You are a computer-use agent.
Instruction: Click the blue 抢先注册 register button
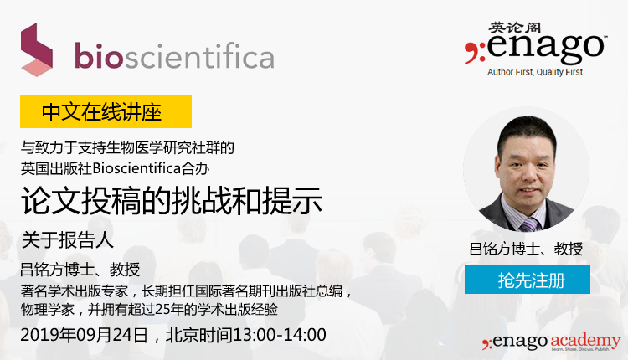pyautogui.click(x=527, y=280)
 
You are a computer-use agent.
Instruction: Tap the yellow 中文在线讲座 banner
pyautogui.click(x=106, y=111)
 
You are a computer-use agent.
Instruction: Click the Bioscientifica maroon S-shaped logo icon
pyautogui.click(x=37, y=49)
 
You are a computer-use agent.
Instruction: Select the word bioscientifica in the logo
pyautogui.click(x=174, y=56)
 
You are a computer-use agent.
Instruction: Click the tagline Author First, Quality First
pyautogui.click(x=535, y=72)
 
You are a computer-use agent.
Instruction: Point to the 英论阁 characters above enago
pyautogui.click(x=514, y=28)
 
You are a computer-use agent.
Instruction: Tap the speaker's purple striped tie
pyautogui.click(x=529, y=224)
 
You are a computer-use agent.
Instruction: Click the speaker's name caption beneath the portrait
pyautogui.click(x=526, y=249)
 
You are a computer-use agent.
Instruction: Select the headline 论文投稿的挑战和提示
pyautogui.click(x=172, y=201)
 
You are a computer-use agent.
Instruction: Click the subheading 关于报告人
pyautogui.click(x=67, y=240)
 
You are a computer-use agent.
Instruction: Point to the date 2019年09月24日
pyautogui.click(x=84, y=335)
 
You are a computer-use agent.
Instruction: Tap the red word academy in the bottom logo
pyautogui.click(x=585, y=341)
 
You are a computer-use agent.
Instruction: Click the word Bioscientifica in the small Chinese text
pyautogui.click(x=136, y=168)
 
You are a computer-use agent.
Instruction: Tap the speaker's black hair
pyautogui.click(x=527, y=130)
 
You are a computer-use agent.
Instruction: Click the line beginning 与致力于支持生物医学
pyautogui.click(x=127, y=147)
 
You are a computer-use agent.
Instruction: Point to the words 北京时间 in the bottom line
pyautogui.click(x=199, y=335)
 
